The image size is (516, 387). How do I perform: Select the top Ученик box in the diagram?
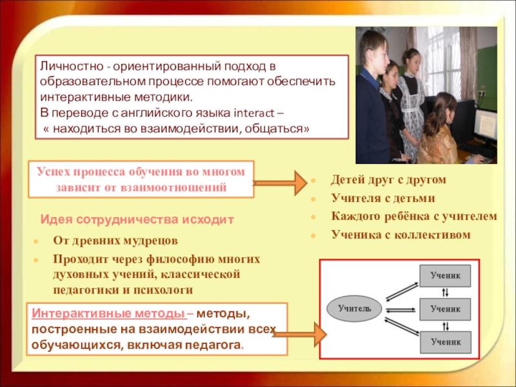point(446,275)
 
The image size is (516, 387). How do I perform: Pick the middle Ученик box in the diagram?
point(446,309)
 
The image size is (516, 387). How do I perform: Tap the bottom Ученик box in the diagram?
point(446,342)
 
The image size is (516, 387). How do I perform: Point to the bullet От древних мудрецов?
point(115,240)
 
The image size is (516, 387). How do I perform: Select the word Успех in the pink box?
point(54,171)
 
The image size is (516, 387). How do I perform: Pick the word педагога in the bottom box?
point(217,345)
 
